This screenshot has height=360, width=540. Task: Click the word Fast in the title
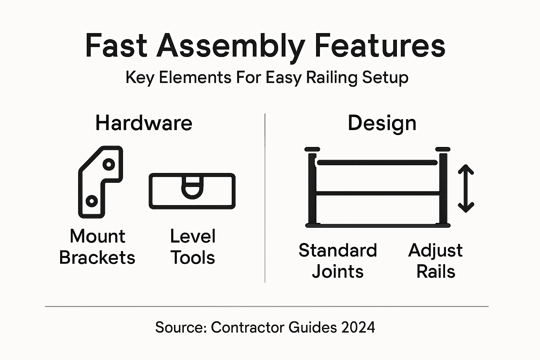[116, 46]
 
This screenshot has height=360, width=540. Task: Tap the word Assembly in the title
[231, 46]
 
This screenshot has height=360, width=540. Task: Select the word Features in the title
[380, 46]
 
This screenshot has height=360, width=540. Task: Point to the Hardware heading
[144, 123]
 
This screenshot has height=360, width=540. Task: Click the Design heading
[382, 123]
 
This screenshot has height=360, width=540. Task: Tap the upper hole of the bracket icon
[109, 164]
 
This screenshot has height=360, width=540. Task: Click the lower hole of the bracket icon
[92, 201]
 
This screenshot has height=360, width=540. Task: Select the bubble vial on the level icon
[192, 186]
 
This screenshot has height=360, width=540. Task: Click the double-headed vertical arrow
[466, 188]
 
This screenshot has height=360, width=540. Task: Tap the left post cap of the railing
[312, 149]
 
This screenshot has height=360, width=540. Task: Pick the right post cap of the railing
[443, 149]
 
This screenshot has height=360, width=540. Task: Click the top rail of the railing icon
[377, 162]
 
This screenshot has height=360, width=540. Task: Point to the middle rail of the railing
[378, 193]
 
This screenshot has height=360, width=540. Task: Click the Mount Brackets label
[97, 247]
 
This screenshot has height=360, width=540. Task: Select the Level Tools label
[193, 247]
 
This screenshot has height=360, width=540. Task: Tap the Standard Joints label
[337, 261]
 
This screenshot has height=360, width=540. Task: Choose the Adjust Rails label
[436, 261]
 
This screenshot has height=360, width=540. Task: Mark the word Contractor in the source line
[248, 327]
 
